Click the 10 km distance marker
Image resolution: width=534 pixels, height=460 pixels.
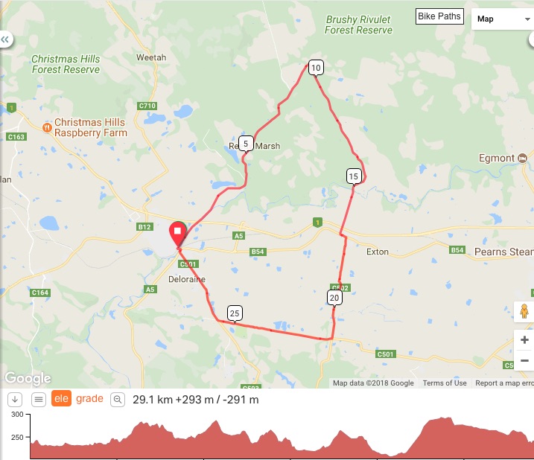pyautogui.click(x=316, y=68)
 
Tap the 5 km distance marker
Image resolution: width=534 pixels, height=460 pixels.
pyautogui.click(x=246, y=144)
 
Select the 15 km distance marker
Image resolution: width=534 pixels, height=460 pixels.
pyautogui.click(x=354, y=176)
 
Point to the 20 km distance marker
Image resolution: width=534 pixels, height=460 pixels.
pyautogui.click(x=334, y=298)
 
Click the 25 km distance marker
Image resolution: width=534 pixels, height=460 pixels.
pyautogui.click(x=235, y=313)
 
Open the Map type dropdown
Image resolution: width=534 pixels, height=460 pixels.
pyautogui.click(x=502, y=19)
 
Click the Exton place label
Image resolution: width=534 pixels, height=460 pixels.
pyautogui.click(x=378, y=252)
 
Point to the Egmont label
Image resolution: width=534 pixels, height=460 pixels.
pyautogui.click(x=498, y=158)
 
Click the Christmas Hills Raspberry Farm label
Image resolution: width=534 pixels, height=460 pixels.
pyautogui.click(x=91, y=127)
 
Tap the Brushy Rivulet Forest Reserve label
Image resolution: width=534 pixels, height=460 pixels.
pyautogui.click(x=358, y=25)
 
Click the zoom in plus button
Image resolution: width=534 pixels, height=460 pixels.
pyautogui.click(x=524, y=340)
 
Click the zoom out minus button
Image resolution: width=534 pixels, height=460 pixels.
pyautogui.click(x=524, y=360)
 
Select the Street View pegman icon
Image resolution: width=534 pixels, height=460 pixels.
pyautogui.click(x=524, y=311)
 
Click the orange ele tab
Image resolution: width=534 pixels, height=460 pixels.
pyautogui.click(x=60, y=400)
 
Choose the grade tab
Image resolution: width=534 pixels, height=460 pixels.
pyautogui.click(x=89, y=400)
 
